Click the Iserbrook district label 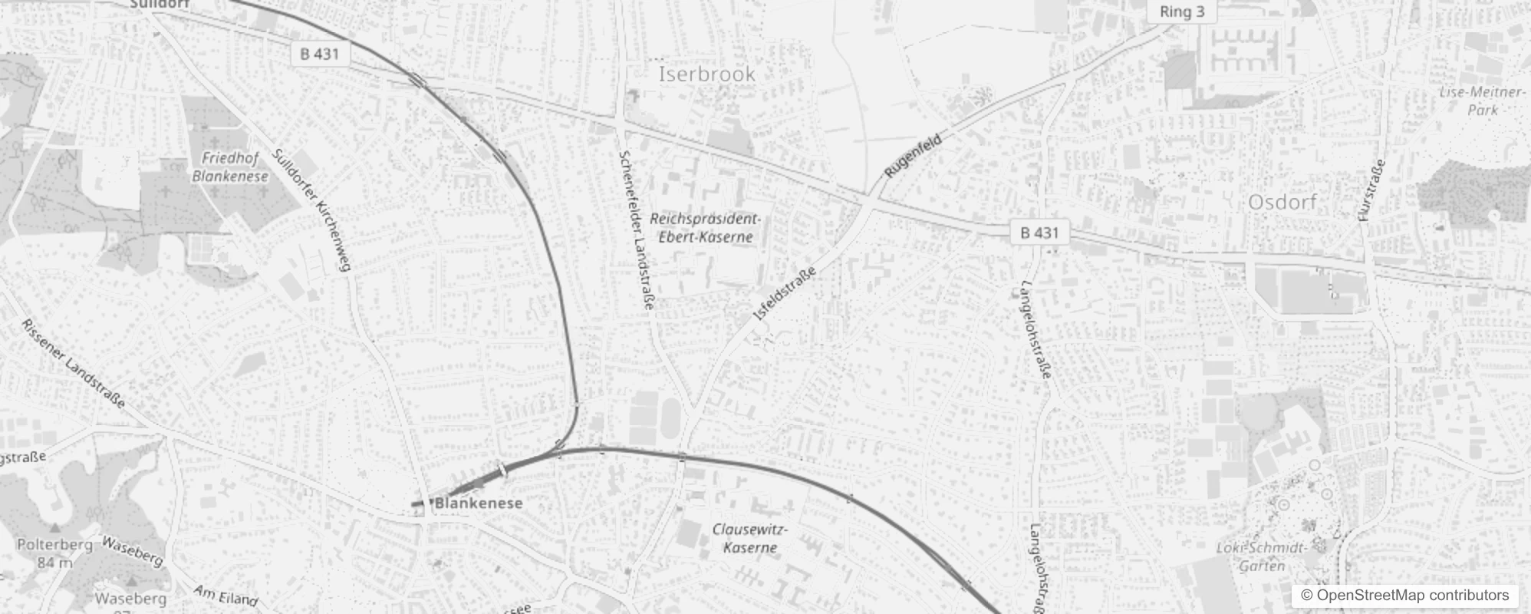pos(706,74)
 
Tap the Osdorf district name pos(1282,203)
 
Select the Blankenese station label pos(479,503)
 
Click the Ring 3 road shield pos(1181,12)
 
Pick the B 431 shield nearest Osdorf pos(1039,233)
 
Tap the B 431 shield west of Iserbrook pos(319,54)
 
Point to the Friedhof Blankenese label pos(230,167)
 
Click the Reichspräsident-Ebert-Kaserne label pos(705,228)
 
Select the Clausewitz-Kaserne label pos(749,538)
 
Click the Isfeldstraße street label pos(784,293)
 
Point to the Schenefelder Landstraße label pos(636,230)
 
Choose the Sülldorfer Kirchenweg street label pos(311,210)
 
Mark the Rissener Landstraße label pos(73,364)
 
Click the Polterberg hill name pos(54,545)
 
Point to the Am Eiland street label pos(226,595)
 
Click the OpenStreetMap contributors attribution pos(1404,596)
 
